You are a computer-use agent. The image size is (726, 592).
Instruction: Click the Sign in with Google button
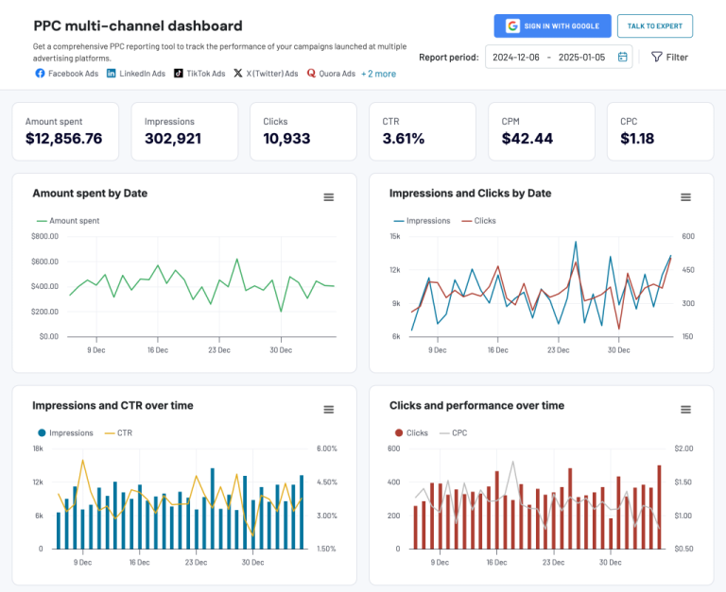[x=552, y=26]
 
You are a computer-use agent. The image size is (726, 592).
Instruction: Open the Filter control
[x=669, y=58]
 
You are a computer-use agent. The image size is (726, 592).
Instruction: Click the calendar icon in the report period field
[x=623, y=58]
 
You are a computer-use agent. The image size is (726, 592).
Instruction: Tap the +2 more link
[x=378, y=74]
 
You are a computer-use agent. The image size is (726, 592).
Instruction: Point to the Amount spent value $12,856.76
[x=64, y=139]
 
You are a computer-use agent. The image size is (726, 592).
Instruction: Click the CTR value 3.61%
[x=404, y=139]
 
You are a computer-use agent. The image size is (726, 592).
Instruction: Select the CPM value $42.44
[x=527, y=139]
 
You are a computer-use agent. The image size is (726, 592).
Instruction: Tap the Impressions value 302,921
[x=173, y=139]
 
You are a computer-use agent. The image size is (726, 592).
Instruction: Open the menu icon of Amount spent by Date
[x=329, y=197]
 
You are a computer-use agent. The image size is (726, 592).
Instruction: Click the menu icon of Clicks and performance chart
[x=686, y=410]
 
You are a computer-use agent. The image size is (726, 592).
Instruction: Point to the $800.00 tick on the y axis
[x=44, y=236]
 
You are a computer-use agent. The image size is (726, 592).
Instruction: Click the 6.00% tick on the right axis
[x=326, y=449]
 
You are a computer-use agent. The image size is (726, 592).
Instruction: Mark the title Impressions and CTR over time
[x=112, y=406]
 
